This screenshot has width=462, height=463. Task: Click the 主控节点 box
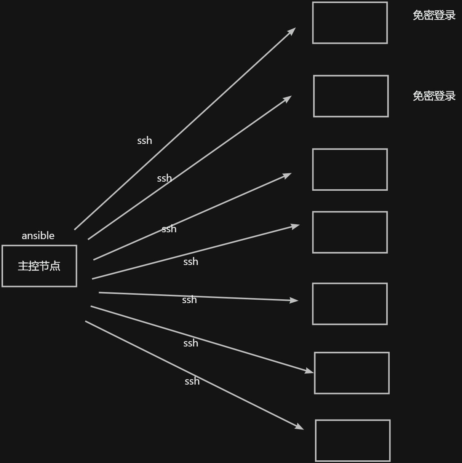[39, 266]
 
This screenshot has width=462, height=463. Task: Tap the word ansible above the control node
[38, 236]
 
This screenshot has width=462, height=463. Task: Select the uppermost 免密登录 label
[434, 15]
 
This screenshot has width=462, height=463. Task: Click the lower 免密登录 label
[434, 96]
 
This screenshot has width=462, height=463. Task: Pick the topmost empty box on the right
[350, 23]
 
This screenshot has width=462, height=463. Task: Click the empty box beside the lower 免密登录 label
[351, 96]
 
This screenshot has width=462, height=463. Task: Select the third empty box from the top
[350, 169]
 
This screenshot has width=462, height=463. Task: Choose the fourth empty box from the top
[350, 232]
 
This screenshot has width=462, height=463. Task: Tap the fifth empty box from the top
[350, 304]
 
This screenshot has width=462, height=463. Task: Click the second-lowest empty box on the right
[352, 373]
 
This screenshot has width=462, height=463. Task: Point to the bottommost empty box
[353, 441]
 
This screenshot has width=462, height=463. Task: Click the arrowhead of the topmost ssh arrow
[293, 30]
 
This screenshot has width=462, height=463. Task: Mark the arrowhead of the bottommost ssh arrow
[300, 427]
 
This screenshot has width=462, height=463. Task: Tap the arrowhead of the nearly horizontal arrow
[294, 300]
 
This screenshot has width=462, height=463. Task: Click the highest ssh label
[145, 140]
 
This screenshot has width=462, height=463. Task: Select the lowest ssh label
[192, 381]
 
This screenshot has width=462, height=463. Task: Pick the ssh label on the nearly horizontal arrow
[189, 300]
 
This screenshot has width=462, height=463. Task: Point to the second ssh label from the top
[164, 178]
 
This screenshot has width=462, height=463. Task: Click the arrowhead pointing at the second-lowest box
[310, 371]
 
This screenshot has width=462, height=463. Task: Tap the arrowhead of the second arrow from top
[288, 98]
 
